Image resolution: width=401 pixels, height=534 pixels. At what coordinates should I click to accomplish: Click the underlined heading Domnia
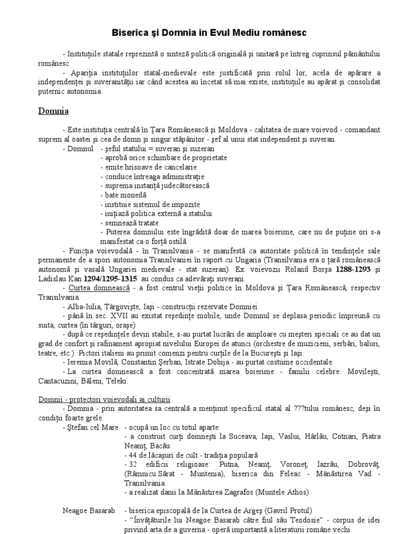(x=54, y=111)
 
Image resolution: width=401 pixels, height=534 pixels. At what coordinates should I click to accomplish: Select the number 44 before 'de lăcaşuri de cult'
(x=131, y=454)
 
